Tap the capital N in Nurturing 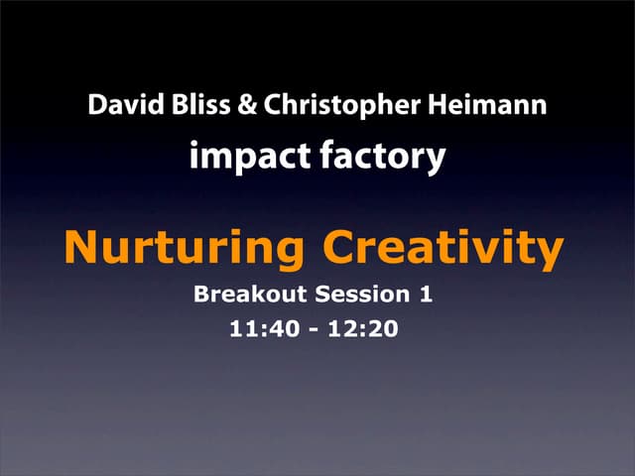click(x=81, y=249)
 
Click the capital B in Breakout click(x=202, y=296)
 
